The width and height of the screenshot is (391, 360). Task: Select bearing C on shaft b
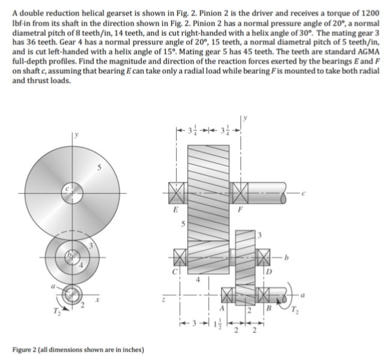point(176,256)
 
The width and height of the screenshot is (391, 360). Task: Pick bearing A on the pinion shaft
point(226,295)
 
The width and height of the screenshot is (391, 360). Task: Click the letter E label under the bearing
point(175,211)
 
